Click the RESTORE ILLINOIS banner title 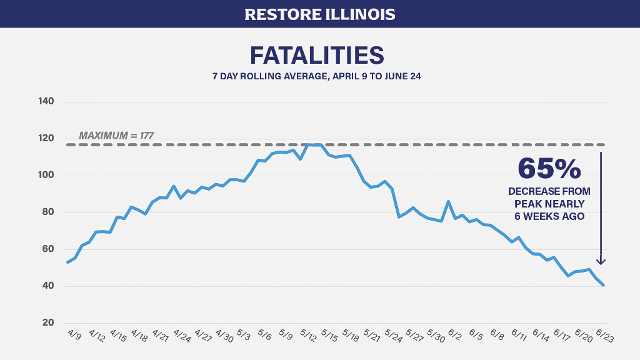click(319, 14)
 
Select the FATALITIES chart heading click(316, 55)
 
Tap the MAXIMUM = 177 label click(116, 135)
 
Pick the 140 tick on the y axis click(46, 101)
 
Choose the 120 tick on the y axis click(46, 138)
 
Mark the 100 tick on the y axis click(46, 176)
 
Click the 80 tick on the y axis click(47, 212)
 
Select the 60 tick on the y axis click(47, 249)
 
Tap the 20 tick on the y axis click(47, 323)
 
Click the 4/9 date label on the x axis click(74, 335)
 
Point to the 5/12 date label click(307, 336)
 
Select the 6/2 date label click(454, 336)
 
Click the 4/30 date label click(223, 336)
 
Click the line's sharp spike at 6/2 click(448, 202)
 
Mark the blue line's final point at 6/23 click(604, 285)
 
